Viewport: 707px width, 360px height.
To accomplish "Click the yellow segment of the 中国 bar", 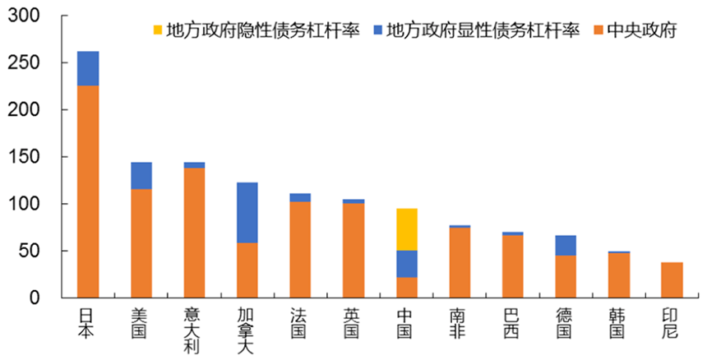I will (406, 229).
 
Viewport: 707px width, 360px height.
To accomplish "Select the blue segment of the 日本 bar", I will (88, 68).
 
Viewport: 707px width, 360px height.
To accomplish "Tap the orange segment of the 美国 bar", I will (141, 242).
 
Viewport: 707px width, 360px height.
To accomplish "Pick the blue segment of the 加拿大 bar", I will (247, 212).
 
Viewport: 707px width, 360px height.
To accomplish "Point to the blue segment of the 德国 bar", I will (566, 245).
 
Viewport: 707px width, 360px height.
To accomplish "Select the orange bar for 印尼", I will (672, 279).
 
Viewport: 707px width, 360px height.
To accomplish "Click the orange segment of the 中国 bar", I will (406, 287).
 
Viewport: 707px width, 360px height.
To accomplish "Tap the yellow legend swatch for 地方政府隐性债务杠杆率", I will (156, 31).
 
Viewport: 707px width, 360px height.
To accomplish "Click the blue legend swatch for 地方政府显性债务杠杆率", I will (377, 31).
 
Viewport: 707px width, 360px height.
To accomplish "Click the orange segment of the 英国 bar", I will (353, 250).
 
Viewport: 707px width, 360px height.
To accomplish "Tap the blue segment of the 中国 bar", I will (406, 264).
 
